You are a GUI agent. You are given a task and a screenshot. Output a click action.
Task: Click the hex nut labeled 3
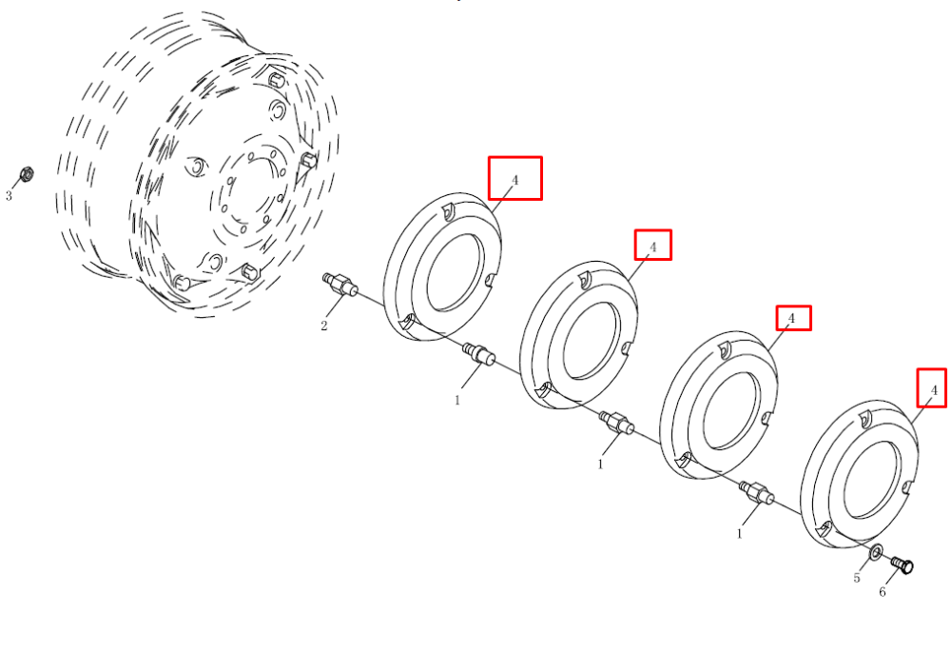pyautogui.click(x=26, y=174)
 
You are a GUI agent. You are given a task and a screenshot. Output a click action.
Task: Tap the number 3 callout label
pyautogui.click(x=9, y=196)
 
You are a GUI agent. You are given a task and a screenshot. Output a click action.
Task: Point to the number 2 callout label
pyautogui.click(x=324, y=326)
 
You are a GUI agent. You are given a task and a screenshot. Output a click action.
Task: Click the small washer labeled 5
pyautogui.click(x=877, y=552)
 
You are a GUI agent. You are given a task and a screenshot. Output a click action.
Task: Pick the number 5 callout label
pyautogui.click(x=857, y=578)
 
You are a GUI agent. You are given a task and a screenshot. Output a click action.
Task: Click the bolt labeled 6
pyautogui.click(x=902, y=564)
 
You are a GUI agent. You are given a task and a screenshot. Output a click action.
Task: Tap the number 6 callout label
pyautogui.click(x=883, y=592)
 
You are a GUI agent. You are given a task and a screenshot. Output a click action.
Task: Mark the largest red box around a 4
pyautogui.click(x=515, y=178)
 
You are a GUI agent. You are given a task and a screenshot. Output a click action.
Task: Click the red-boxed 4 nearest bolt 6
pyautogui.click(x=932, y=388)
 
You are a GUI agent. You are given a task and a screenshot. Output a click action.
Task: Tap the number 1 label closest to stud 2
pyautogui.click(x=457, y=401)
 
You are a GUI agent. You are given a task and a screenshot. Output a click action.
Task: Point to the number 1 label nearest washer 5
pyautogui.click(x=739, y=534)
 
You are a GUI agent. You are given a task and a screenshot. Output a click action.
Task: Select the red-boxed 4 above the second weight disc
pyautogui.click(x=653, y=245)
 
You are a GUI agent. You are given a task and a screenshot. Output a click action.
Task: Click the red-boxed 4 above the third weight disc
pyautogui.click(x=794, y=318)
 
